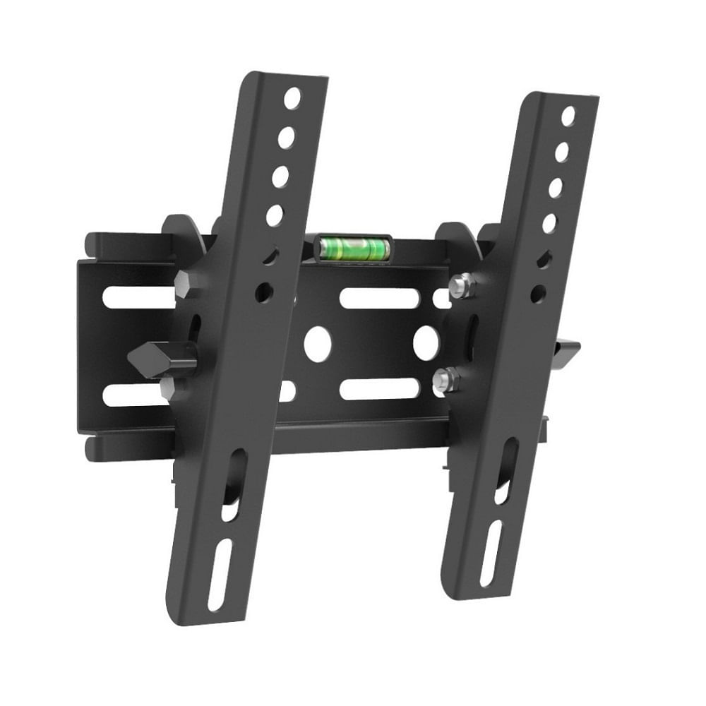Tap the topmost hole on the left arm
coord(292,98)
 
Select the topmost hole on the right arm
coord(568,116)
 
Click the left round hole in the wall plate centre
coord(318,342)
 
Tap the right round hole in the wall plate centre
coord(426,342)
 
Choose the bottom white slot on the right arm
coord(491,554)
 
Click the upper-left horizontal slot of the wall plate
coord(138,297)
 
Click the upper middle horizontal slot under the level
coord(379,298)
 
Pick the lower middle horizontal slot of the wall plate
coord(379,389)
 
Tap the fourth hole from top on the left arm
coord(275,215)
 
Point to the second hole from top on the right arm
coord(562,152)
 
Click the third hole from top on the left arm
coord(280,176)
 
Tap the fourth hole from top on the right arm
coord(549,223)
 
